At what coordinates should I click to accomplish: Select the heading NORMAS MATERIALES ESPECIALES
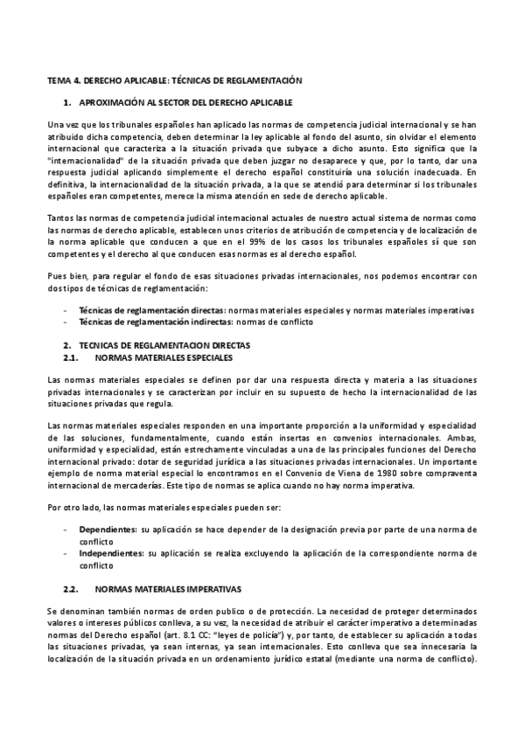point(164,357)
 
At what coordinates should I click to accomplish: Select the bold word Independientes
point(111,553)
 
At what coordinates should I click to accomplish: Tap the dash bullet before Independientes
point(66,553)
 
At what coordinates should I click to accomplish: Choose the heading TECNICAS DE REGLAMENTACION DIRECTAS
point(164,346)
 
